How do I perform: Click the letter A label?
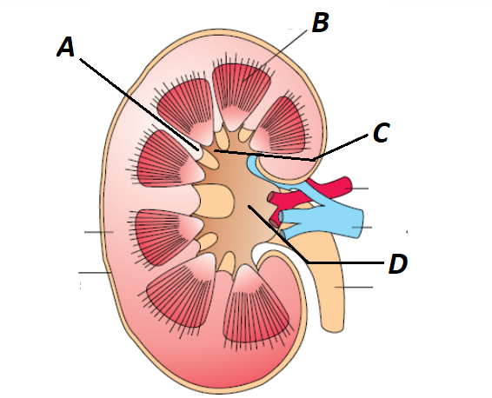pos(66,47)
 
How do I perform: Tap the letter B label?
pos(321,23)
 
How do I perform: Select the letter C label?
pos(382,133)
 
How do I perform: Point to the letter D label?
pos(398,264)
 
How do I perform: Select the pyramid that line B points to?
pos(241,94)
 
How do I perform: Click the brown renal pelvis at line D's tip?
pos(238,204)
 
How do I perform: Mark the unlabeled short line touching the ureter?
pos(354,287)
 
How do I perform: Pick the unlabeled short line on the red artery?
pos(356,189)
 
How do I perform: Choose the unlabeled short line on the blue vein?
pos(362,227)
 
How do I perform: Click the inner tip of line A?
pos(198,149)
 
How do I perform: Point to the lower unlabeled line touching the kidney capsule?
pos(95,273)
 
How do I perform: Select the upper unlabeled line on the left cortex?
pos(99,232)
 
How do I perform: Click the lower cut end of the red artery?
pos(274,223)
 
